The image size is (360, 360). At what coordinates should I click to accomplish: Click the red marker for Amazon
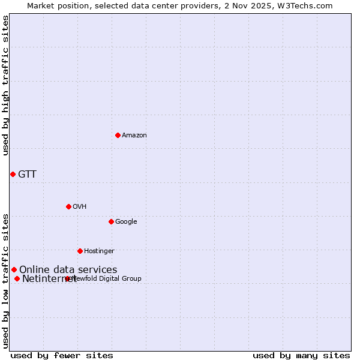tap(118, 135)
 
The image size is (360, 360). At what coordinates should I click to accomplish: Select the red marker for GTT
tap(13, 174)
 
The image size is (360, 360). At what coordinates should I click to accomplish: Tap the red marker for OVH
tap(68, 206)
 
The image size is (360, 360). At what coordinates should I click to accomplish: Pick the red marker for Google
tap(111, 221)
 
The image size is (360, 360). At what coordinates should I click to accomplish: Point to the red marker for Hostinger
tap(80, 251)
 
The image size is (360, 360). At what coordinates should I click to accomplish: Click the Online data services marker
tap(14, 269)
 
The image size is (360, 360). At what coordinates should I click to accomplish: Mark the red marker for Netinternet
tap(17, 278)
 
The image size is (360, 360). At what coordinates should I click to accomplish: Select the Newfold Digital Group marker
tap(67, 278)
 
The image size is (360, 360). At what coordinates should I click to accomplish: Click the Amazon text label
tap(134, 135)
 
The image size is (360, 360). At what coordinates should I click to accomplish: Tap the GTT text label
tap(27, 175)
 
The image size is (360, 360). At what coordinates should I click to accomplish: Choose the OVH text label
tap(80, 206)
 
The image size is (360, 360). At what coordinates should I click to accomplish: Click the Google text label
tap(126, 221)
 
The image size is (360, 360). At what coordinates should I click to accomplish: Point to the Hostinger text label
tap(99, 251)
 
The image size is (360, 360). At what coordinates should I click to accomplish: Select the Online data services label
tap(68, 270)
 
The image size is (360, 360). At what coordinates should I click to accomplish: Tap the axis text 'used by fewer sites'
tap(62, 355)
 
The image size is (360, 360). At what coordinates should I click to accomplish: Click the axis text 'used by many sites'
tap(301, 355)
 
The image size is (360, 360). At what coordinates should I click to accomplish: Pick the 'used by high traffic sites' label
tap(6, 85)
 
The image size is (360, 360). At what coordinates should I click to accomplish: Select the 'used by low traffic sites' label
tap(6, 281)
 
